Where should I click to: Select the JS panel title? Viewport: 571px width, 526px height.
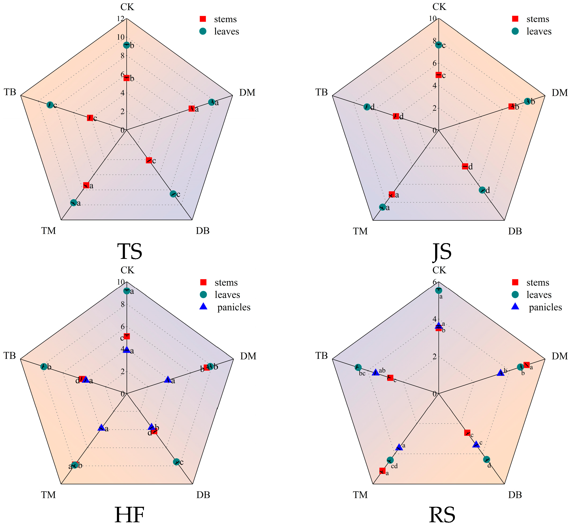[442, 252]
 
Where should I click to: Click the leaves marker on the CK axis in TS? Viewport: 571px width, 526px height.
[126, 45]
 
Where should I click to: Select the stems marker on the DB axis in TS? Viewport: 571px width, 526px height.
[149, 160]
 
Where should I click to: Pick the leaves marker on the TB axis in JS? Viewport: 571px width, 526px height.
[367, 107]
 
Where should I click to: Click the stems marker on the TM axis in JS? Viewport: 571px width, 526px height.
[392, 194]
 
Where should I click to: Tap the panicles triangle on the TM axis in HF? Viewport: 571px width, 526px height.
[101, 428]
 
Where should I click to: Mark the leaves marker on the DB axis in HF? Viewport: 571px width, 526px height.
[176, 462]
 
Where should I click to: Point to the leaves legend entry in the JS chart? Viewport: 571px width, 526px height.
[531, 31]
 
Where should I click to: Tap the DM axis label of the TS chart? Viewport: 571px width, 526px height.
[247, 93]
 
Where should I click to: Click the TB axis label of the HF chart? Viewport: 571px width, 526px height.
[10, 356]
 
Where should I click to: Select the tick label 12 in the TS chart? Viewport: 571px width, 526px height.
[120, 19]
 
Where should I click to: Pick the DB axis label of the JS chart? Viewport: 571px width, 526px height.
[515, 231]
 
